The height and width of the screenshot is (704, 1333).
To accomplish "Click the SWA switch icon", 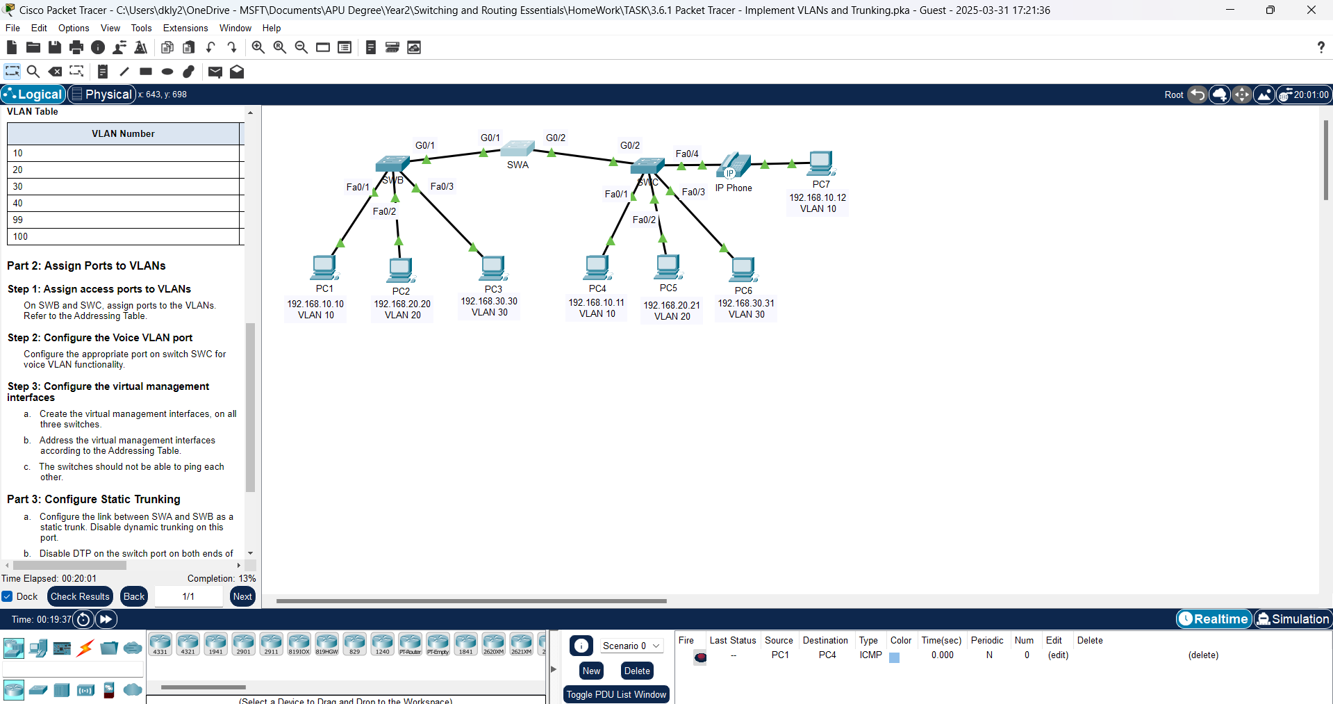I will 518,149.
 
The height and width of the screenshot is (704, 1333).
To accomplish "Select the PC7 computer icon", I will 821,164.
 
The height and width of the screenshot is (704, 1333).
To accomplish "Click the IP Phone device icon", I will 734,166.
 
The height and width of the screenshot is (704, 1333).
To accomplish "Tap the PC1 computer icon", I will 324,268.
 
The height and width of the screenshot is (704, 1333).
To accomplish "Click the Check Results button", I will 80,596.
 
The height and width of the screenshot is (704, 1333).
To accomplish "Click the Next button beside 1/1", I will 242,596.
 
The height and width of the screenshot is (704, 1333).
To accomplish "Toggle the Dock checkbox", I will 8,596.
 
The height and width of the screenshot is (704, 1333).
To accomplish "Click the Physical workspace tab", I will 101,95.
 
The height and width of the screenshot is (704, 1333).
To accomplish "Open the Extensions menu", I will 185,28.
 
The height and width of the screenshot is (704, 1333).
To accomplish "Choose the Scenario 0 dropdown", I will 631,646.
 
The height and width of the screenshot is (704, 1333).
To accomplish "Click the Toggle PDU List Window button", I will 616,694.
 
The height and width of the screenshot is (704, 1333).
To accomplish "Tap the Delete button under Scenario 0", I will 637,671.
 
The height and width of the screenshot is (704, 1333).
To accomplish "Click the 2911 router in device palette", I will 271,644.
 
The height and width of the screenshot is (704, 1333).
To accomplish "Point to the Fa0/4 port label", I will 687,154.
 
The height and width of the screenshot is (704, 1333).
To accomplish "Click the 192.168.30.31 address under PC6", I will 746,303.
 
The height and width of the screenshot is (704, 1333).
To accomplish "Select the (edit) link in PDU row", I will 1058,655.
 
